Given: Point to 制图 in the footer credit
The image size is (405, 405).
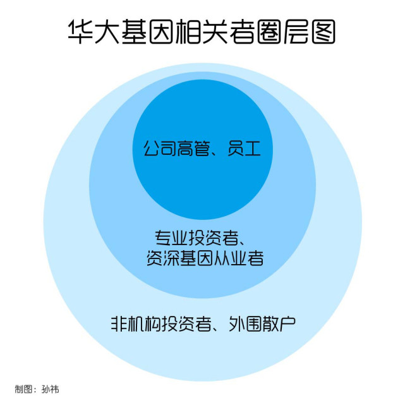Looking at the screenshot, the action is [23, 389].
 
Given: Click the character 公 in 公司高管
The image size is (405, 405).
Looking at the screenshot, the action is [150, 150].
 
